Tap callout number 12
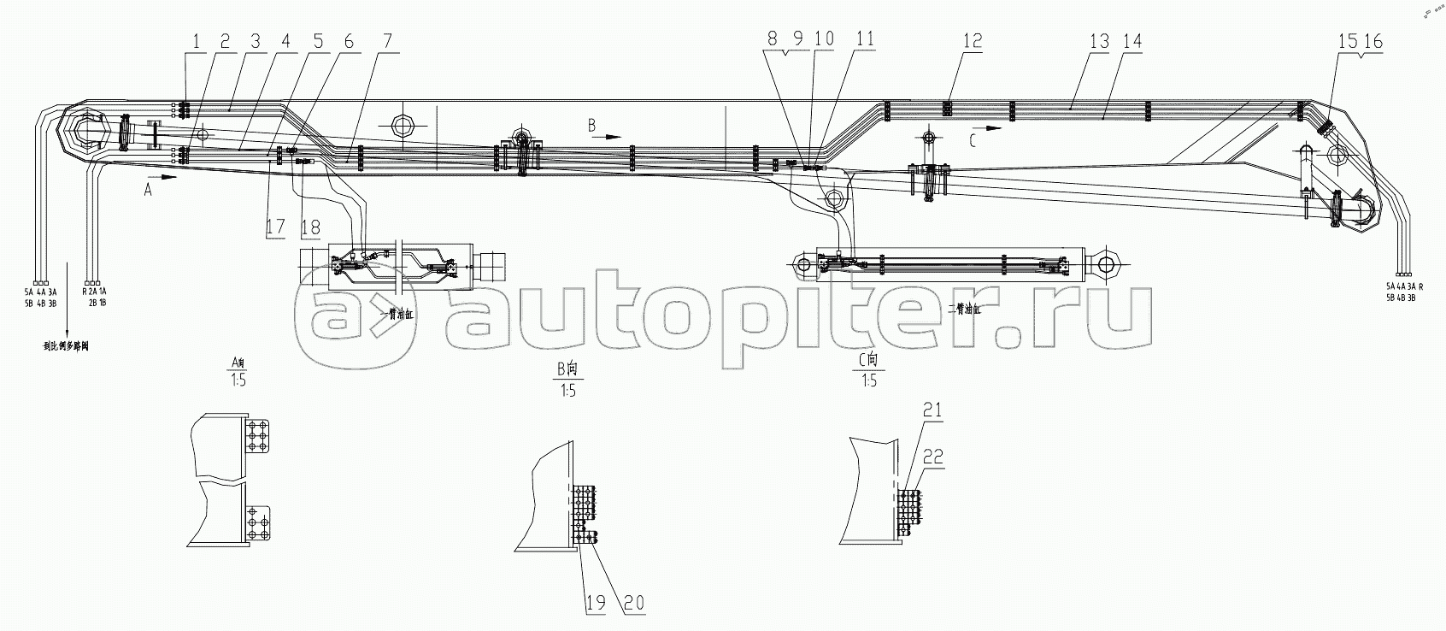point(972,41)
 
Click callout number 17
point(274,227)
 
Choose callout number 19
point(595,603)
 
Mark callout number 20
point(632,603)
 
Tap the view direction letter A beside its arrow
point(147,192)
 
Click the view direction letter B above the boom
point(591,126)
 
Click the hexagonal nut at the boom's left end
point(86,135)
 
